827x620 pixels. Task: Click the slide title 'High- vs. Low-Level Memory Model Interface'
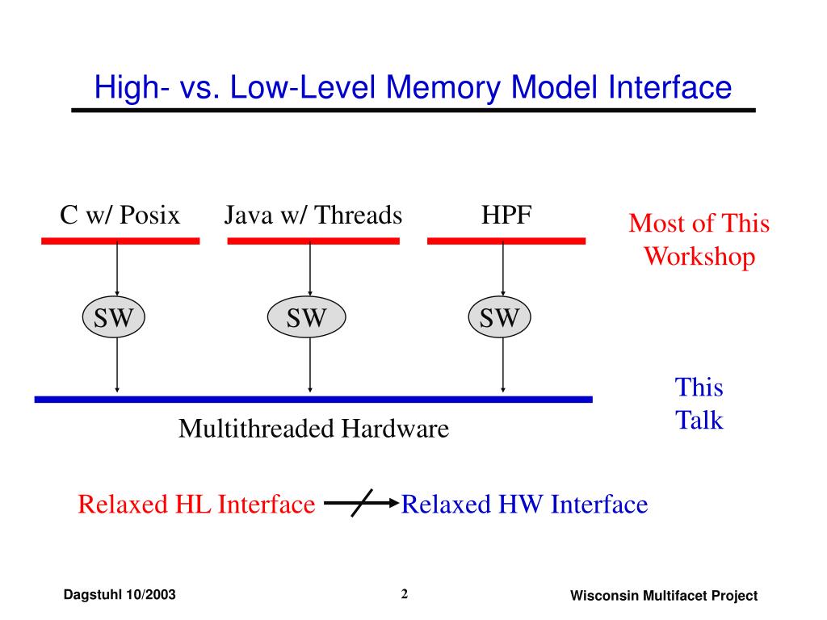click(413, 86)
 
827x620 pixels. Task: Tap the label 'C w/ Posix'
click(120, 216)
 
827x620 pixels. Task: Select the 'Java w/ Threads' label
click(313, 216)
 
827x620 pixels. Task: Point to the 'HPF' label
click(506, 216)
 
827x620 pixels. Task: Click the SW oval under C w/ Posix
click(113, 317)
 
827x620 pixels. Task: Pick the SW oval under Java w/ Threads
click(306, 317)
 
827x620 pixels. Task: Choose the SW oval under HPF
click(499, 317)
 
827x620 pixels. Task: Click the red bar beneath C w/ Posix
click(120, 241)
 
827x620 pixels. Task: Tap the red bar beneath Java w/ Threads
click(313, 241)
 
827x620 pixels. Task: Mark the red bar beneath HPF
click(506, 241)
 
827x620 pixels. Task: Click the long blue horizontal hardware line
click(313, 399)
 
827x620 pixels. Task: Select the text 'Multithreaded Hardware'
click(313, 428)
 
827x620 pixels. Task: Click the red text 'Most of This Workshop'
click(699, 240)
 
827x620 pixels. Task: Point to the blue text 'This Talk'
click(699, 404)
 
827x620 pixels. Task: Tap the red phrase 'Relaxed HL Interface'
click(196, 505)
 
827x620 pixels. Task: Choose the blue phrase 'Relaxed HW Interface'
click(524, 505)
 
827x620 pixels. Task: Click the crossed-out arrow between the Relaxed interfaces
click(361, 505)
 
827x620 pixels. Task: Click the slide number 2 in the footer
click(405, 595)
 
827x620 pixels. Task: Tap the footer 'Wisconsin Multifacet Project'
click(664, 596)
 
